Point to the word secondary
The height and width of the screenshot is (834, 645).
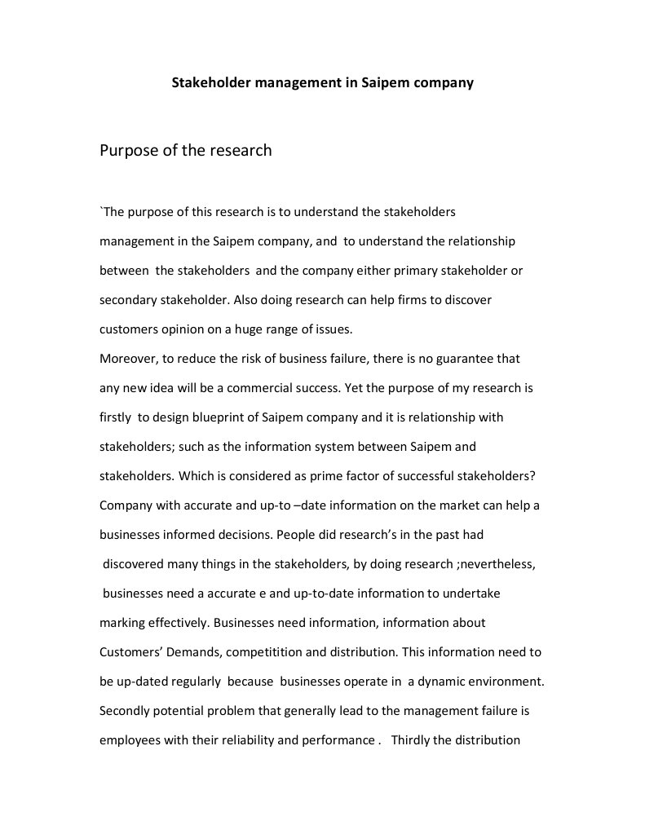click(x=127, y=300)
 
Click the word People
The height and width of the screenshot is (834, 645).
click(x=295, y=535)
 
